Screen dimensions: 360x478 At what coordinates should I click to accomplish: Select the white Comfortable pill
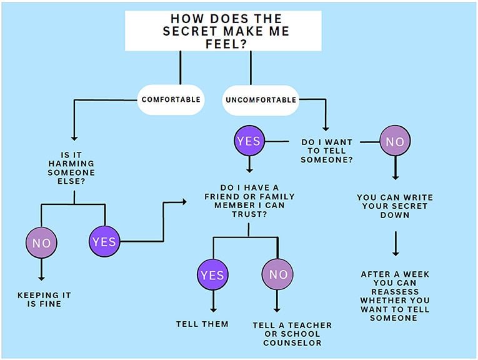tap(171, 99)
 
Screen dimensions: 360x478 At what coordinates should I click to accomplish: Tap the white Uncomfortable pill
tap(260, 99)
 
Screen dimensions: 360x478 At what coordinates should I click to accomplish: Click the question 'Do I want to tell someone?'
tap(327, 151)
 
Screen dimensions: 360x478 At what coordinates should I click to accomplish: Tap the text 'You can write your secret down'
tap(395, 206)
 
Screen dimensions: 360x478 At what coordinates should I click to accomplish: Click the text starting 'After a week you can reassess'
tap(395, 296)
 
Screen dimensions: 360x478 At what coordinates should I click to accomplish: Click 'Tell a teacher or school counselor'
tap(292, 334)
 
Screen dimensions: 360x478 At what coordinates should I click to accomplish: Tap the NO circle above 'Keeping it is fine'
tap(41, 242)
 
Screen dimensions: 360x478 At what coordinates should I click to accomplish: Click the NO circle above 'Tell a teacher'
tap(278, 274)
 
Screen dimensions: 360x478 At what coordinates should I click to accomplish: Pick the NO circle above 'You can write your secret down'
tap(395, 142)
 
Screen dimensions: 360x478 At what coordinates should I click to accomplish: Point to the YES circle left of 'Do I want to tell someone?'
tap(249, 141)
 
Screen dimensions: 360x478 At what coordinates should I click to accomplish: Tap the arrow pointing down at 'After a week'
tap(395, 244)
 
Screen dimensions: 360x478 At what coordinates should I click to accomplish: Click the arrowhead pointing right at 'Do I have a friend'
tap(183, 201)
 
